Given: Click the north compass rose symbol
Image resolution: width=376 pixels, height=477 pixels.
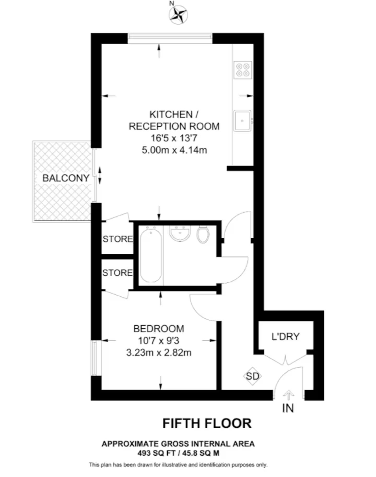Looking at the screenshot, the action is [x=178, y=15].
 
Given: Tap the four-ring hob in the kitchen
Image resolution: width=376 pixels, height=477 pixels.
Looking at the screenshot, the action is [x=243, y=70].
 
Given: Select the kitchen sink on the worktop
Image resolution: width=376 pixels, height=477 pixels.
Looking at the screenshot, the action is [x=243, y=121].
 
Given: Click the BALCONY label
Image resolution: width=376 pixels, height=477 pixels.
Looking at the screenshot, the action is [x=66, y=178].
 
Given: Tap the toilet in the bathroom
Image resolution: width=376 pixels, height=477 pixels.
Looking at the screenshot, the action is [x=203, y=235].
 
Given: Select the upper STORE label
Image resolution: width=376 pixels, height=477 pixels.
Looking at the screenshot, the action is [x=118, y=239].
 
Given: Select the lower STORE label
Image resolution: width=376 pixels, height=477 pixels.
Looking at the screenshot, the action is [x=118, y=273].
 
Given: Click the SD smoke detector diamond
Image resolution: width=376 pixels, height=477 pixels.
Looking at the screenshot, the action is [x=252, y=376].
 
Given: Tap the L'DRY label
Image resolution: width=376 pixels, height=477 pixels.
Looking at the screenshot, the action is [x=285, y=337].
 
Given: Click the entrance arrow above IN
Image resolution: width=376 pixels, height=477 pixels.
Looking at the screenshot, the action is [x=288, y=395].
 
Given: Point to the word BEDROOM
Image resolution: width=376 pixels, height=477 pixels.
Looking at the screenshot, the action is [x=159, y=329].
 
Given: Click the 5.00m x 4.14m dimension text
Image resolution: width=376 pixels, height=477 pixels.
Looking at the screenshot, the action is [x=174, y=150].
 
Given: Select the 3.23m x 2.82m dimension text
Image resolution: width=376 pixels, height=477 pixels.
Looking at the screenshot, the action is [x=159, y=353].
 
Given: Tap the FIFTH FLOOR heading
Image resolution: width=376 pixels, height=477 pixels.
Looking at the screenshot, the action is [x=207, y=423].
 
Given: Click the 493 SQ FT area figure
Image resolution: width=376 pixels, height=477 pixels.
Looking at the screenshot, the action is [x=156, y=453].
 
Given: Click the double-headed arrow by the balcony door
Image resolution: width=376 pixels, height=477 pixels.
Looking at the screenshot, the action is [x=99, y=175].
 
